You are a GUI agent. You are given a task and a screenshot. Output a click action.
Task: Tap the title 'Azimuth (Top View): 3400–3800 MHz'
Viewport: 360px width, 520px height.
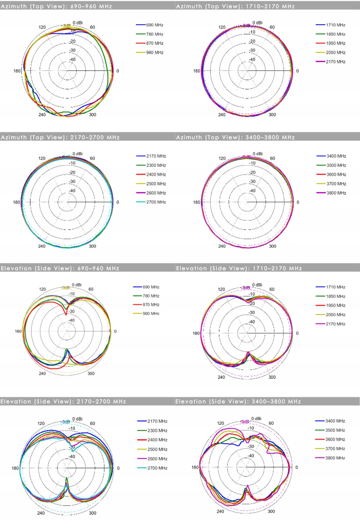click(235, 138)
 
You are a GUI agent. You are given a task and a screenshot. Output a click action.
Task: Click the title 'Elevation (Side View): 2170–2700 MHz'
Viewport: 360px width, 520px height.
click(63, 401)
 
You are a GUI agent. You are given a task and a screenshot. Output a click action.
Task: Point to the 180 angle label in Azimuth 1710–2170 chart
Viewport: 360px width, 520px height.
click(196, 71)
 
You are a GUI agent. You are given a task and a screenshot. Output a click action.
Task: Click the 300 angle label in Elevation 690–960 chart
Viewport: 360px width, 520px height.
click(91, 373)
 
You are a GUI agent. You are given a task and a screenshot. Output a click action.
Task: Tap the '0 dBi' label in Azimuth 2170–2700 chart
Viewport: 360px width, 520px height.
click(77, 154)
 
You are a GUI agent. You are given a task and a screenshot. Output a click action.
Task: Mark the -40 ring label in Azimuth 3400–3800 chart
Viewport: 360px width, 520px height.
click(253, 191)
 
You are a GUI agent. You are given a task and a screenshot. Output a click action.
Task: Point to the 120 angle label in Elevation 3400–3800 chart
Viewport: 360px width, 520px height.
click(220, 423)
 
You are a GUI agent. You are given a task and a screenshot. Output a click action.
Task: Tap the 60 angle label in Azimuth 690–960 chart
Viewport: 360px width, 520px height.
click(92, 27)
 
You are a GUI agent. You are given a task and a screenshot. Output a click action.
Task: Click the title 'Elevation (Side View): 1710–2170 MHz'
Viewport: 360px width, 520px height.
click(239, 268)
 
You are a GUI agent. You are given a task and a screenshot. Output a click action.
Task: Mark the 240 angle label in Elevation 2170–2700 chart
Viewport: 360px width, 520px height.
click(41, 513)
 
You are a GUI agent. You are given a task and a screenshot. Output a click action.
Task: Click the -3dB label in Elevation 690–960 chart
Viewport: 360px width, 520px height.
click(66, 288)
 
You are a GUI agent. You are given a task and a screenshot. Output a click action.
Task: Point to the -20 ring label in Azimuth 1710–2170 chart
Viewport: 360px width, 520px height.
click(252, 41)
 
